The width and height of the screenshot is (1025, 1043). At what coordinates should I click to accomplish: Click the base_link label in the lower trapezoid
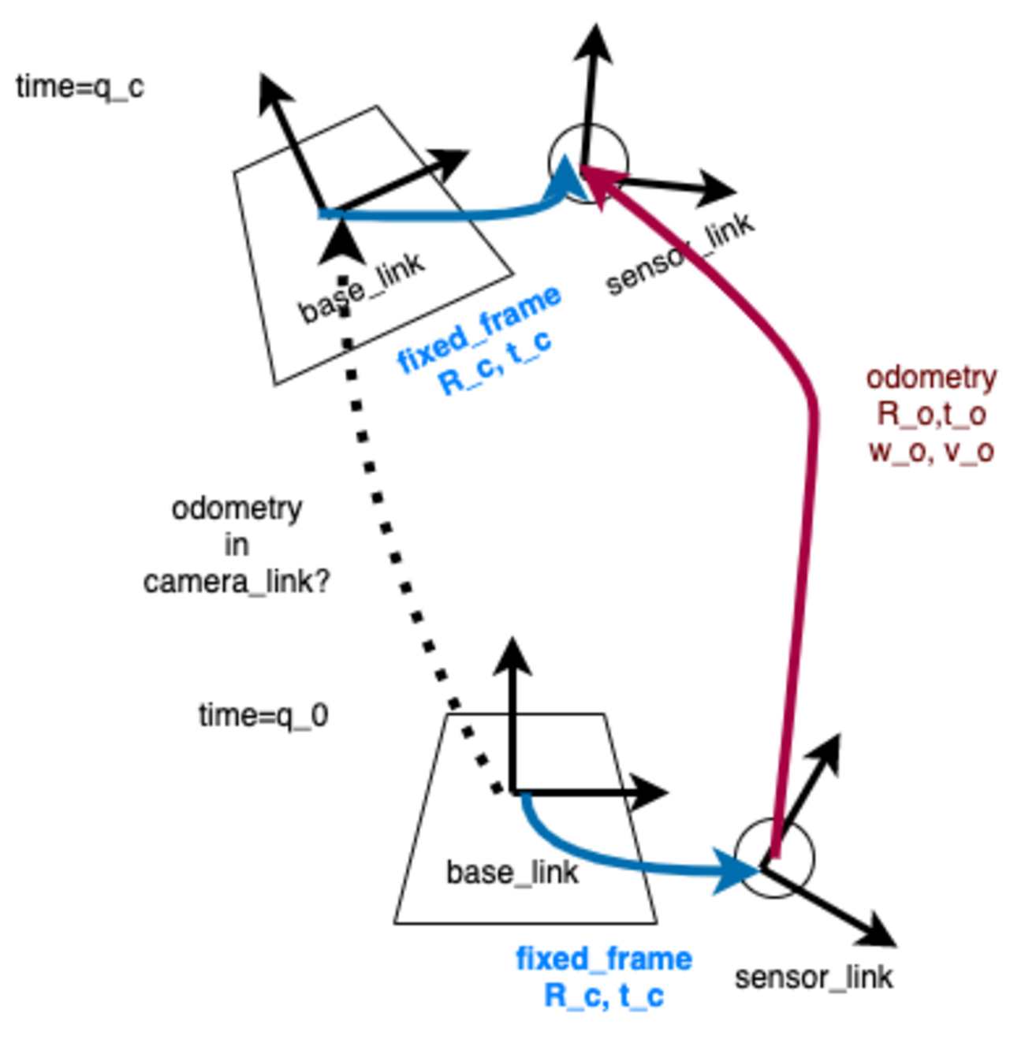click(x=512, y=873)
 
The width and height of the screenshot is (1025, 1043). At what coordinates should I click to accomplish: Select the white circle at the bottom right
click(x=773, y=858)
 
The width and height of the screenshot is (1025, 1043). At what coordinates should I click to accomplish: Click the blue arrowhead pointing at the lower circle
click(x=729, y=870)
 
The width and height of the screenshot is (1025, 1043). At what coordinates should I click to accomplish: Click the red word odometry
click(x=932, y=379)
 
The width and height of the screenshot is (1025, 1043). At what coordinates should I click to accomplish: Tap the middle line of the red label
click(x=932, y=415)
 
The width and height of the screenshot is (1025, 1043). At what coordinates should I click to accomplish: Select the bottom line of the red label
click(x=931, y=453)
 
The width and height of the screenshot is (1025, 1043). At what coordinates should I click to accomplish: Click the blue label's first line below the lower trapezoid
click(x=603, y=959)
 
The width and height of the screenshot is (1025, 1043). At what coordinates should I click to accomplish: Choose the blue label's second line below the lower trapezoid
click(x=605, y=997)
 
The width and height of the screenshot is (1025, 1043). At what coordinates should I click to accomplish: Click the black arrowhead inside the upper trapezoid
click(x=341, y=244)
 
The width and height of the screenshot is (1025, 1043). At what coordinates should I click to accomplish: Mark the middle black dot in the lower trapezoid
click(x=483, y=760)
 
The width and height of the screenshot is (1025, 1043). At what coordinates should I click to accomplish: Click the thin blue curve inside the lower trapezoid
click(x=552, y=844)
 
